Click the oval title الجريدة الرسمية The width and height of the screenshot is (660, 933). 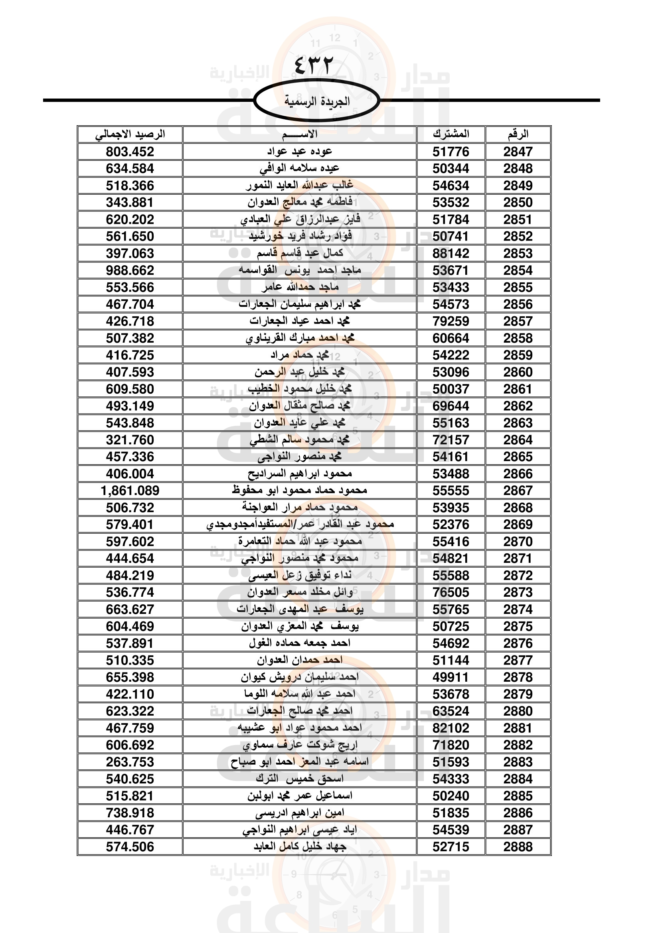click(316, 101)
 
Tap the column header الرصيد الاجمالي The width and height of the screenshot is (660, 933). click(130, 134)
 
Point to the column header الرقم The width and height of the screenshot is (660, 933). click(518, 134)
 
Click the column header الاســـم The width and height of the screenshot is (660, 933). click(300, 134)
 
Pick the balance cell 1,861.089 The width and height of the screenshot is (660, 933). click(130, 491)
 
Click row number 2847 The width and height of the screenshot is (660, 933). click(518, 152)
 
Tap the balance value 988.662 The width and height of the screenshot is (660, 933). click(130, 270)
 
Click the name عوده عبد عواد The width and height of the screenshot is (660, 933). click(300, 152)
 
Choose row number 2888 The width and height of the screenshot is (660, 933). click(518, 847)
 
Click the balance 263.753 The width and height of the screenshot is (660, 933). click(130, 762)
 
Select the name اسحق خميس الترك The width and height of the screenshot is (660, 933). click(300, 779)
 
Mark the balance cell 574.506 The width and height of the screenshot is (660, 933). click(130, 847)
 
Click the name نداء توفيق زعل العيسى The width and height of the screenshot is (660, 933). click(300, 576)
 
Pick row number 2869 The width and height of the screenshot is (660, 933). click(518, 525)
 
